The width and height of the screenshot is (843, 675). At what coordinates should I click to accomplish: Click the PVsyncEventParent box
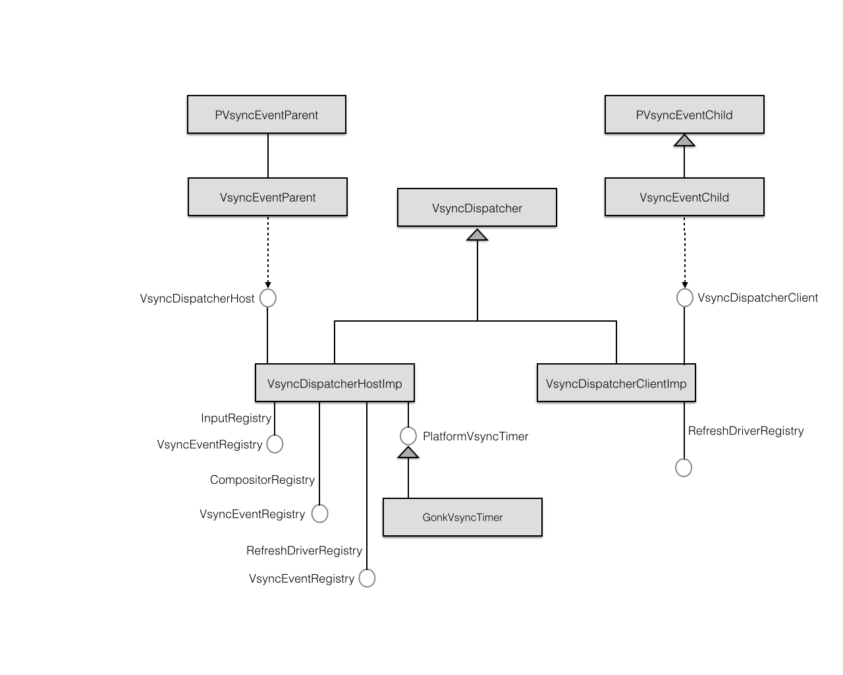tap(266, 115)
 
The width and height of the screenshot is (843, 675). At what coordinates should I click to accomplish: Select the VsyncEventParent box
tap(267, 197)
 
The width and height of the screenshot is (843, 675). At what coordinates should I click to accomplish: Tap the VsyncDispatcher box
tap(477, 208)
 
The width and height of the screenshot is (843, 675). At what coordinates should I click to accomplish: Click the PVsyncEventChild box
tap(684, 115)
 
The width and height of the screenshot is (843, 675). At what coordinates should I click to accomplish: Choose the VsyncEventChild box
tap(684, 197)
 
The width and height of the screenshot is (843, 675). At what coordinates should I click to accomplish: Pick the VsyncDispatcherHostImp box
tap(335, 383)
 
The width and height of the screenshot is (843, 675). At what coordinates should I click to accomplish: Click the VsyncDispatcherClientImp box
tap(616, 383)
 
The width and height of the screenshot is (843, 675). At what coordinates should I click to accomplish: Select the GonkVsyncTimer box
tap(462, 517)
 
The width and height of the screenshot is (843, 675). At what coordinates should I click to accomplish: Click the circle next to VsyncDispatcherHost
tap(268, 298)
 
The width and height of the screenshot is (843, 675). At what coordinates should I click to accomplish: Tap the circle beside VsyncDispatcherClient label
tap(685, 298)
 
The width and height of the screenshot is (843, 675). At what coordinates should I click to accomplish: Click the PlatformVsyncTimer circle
tap(408, 436)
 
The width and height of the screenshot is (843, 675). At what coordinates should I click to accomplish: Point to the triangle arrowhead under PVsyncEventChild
tap(684, 140)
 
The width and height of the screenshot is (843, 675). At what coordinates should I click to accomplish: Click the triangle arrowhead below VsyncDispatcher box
tap(477, 235)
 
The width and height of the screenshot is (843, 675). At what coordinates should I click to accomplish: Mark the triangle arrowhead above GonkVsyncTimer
tap(408, 452)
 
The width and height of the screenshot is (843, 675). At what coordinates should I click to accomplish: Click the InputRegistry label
tap(236, 418)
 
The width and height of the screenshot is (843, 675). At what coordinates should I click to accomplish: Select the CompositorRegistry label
tap(263, 480)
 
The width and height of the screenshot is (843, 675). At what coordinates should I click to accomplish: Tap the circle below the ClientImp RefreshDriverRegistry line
tap(684, 468)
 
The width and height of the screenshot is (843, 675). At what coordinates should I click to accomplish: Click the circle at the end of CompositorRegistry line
tap(319, 514)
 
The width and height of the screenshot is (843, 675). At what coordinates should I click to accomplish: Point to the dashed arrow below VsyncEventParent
tap(268, 252)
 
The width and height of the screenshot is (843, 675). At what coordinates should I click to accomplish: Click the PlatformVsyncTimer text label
tap(476, 436)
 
